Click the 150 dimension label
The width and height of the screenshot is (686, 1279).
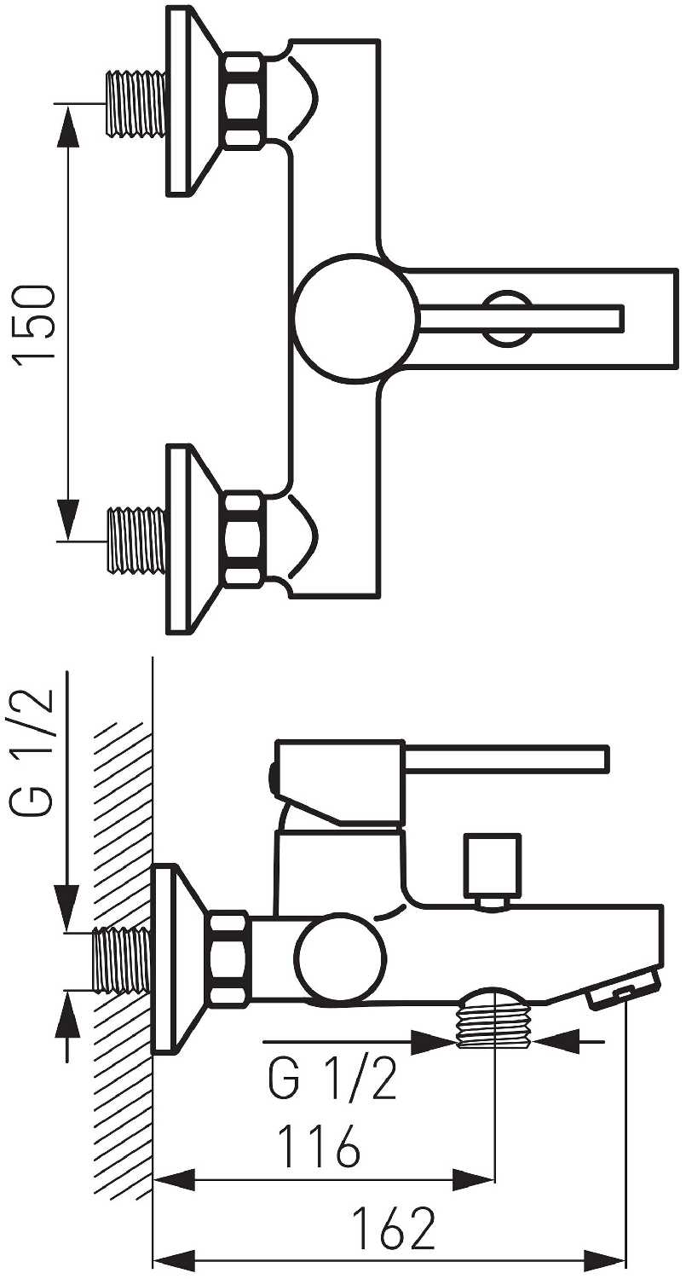37,324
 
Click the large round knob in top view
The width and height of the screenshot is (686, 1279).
357,316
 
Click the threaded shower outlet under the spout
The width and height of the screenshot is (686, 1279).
494,1020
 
